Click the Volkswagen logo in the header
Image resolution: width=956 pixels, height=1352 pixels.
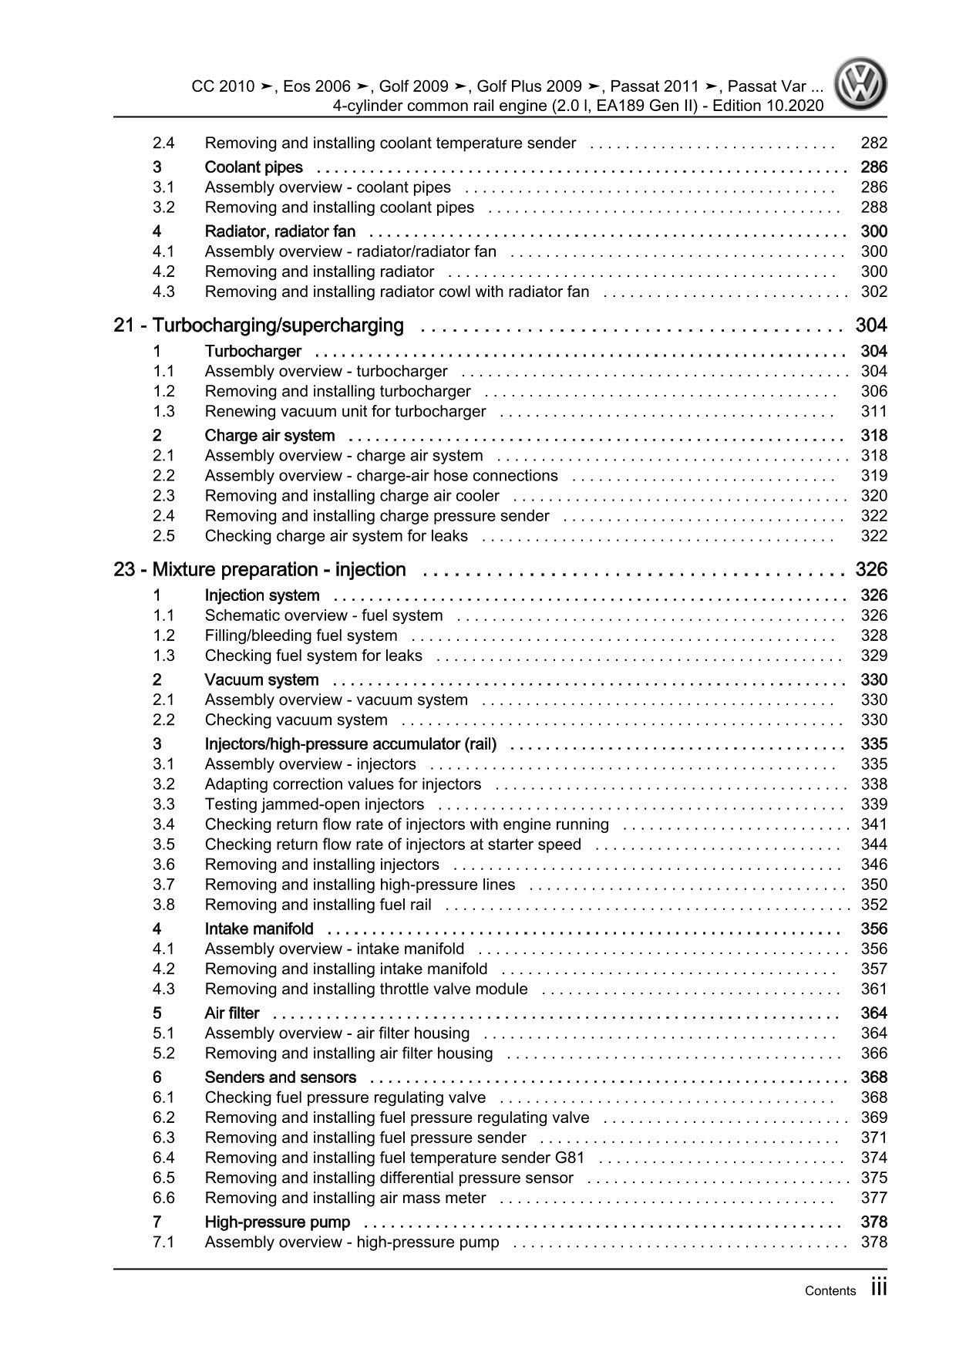[863, 85]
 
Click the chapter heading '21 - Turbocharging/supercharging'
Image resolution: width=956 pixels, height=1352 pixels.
[258, 325]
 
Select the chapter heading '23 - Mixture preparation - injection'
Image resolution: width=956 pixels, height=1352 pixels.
[260, 570]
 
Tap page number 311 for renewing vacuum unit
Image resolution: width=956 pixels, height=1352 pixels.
[874, 412]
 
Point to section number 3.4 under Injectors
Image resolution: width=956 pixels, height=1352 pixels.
[163, 824]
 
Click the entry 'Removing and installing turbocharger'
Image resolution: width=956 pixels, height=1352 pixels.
[338, 392]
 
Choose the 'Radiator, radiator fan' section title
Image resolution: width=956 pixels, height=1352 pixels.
[280, 231]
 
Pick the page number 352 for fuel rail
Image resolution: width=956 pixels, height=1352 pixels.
[874, 905]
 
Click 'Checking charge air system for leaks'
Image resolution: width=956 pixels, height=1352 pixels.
[336, 536]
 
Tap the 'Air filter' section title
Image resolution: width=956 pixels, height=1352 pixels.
[232, 1013]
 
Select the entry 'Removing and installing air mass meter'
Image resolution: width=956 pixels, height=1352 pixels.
[345, 1198]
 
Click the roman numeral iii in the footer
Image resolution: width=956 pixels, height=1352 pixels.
[879, 1288]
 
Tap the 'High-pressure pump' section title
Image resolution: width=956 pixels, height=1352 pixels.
[278, 1222]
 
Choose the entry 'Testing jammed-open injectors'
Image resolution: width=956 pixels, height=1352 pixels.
[315, 804]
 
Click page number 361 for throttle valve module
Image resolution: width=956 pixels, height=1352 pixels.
[874, 990]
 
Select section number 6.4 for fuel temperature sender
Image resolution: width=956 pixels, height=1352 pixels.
[163, 1158]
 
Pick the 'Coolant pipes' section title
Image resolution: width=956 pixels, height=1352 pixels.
[254, 167]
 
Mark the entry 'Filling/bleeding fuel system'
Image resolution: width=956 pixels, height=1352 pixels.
[301, 636]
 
